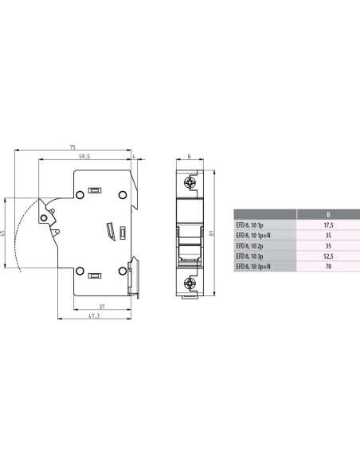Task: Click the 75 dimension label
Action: (72, 147)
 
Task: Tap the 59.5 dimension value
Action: (84, 156)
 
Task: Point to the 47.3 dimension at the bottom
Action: (94, 316)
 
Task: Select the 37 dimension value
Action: (102, 307)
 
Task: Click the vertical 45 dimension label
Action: (3, 233)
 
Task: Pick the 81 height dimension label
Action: (212, 233)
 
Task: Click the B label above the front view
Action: (190, 156)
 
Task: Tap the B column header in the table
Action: (328, 214)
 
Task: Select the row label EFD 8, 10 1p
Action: (249, 225)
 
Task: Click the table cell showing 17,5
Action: (328, 225)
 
